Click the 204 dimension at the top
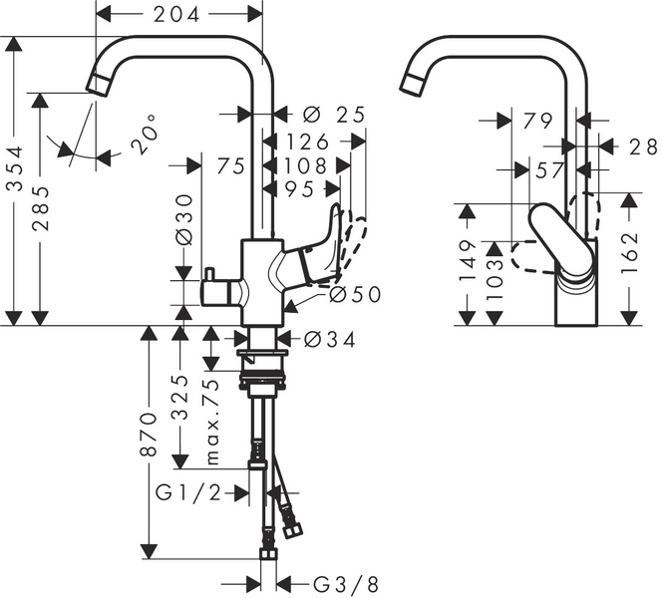[x=179, y=13]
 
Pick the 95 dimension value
[x=299, y=188]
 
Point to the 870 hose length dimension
[x=149, y=435]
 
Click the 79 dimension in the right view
[x=537, y=121]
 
